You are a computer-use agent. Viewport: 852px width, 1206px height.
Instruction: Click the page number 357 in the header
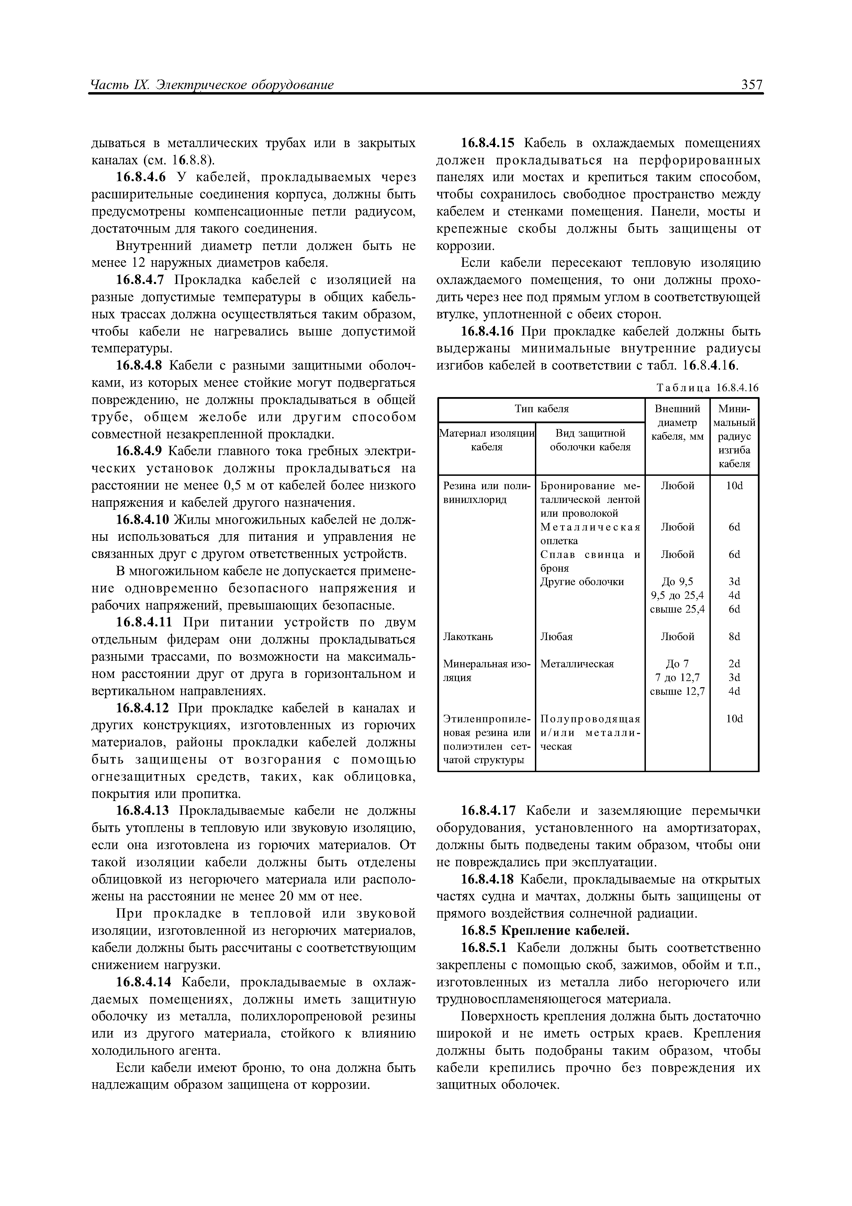tap(752, 85)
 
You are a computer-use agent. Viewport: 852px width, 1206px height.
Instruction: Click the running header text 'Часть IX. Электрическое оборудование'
tap(212, 85)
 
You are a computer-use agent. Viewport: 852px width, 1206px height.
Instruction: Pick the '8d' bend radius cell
tap(734, 637)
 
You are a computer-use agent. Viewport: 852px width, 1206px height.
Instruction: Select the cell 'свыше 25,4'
tap(677, 609)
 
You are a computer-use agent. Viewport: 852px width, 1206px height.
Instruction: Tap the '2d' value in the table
tap(734, 664)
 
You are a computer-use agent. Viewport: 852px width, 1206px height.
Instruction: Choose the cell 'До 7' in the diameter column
tap(677, 664)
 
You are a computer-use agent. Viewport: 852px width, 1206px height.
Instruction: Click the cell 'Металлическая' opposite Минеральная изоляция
tap(577, 664)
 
